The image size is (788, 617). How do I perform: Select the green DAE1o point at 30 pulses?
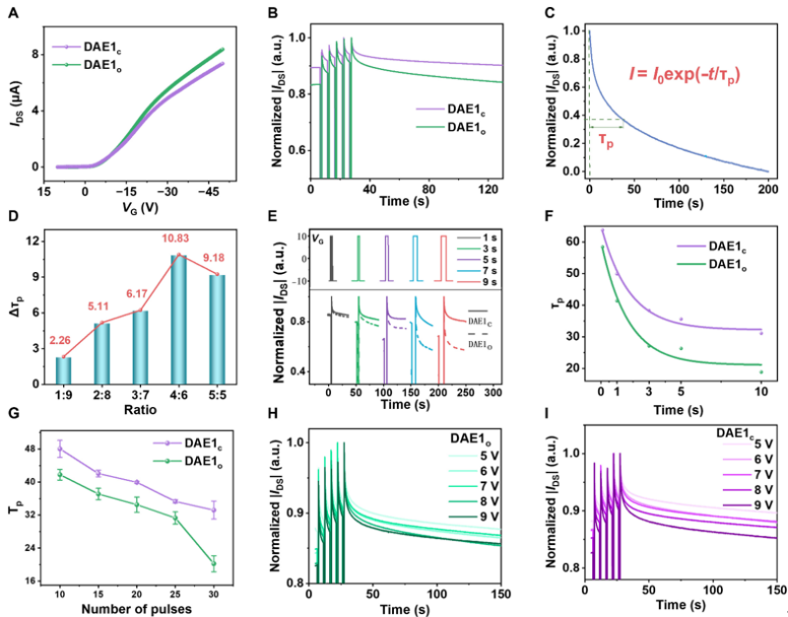213,564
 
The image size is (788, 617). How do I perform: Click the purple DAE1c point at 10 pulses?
59,449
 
